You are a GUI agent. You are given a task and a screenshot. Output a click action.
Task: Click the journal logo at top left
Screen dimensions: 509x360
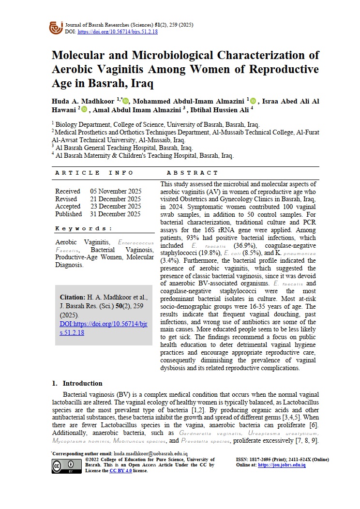[x=56, y=27]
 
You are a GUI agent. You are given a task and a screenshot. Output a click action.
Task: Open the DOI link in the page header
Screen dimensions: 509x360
[x=118, y=31]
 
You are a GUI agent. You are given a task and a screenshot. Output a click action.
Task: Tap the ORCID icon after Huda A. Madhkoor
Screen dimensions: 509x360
[x=126, y=101]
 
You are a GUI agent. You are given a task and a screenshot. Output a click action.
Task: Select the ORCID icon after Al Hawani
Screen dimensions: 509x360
[x=84, y=110]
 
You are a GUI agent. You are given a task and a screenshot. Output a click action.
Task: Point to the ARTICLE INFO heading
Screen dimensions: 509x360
[x=84, y=173]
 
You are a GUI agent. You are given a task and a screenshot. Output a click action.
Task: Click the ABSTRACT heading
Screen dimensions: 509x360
[x=193, y=173]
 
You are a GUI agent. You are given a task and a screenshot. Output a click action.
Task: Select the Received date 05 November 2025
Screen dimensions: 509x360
[x=115, y=191]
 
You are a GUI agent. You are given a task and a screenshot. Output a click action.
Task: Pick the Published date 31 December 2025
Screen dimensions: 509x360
[x=115, y=214]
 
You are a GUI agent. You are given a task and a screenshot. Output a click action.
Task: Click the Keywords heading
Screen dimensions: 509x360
[x=83, y=228]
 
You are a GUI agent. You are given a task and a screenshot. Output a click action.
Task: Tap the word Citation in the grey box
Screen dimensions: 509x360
[x=72, y=297]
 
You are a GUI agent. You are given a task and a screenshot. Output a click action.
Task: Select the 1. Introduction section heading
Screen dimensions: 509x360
[x=77, y=383]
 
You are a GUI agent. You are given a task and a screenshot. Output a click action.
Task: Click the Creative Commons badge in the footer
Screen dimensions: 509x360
[x=65, y=465]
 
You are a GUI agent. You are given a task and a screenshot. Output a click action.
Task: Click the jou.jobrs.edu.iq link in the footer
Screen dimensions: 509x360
[x=282, y=465]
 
